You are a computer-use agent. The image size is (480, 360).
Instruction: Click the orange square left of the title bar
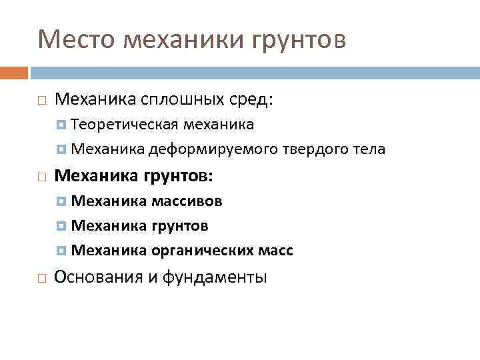tap(14, 72)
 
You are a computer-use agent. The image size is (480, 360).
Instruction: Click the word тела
tap(368, 149)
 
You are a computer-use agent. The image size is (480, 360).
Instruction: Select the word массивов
tap(187, 201)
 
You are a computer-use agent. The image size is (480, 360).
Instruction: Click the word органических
tap(202, 251)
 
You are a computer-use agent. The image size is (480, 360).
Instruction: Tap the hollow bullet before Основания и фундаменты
tap(41, 277)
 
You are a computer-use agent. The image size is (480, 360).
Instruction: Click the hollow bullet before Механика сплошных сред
tap(41, 101)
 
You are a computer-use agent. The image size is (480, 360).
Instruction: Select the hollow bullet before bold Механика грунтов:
tap(41, 177)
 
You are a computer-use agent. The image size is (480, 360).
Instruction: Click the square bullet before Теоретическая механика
tap(61, 125)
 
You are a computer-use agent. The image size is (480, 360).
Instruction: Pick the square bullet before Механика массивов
tap(61, 201)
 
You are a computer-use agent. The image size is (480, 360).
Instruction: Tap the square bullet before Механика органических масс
tap(61, 251)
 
